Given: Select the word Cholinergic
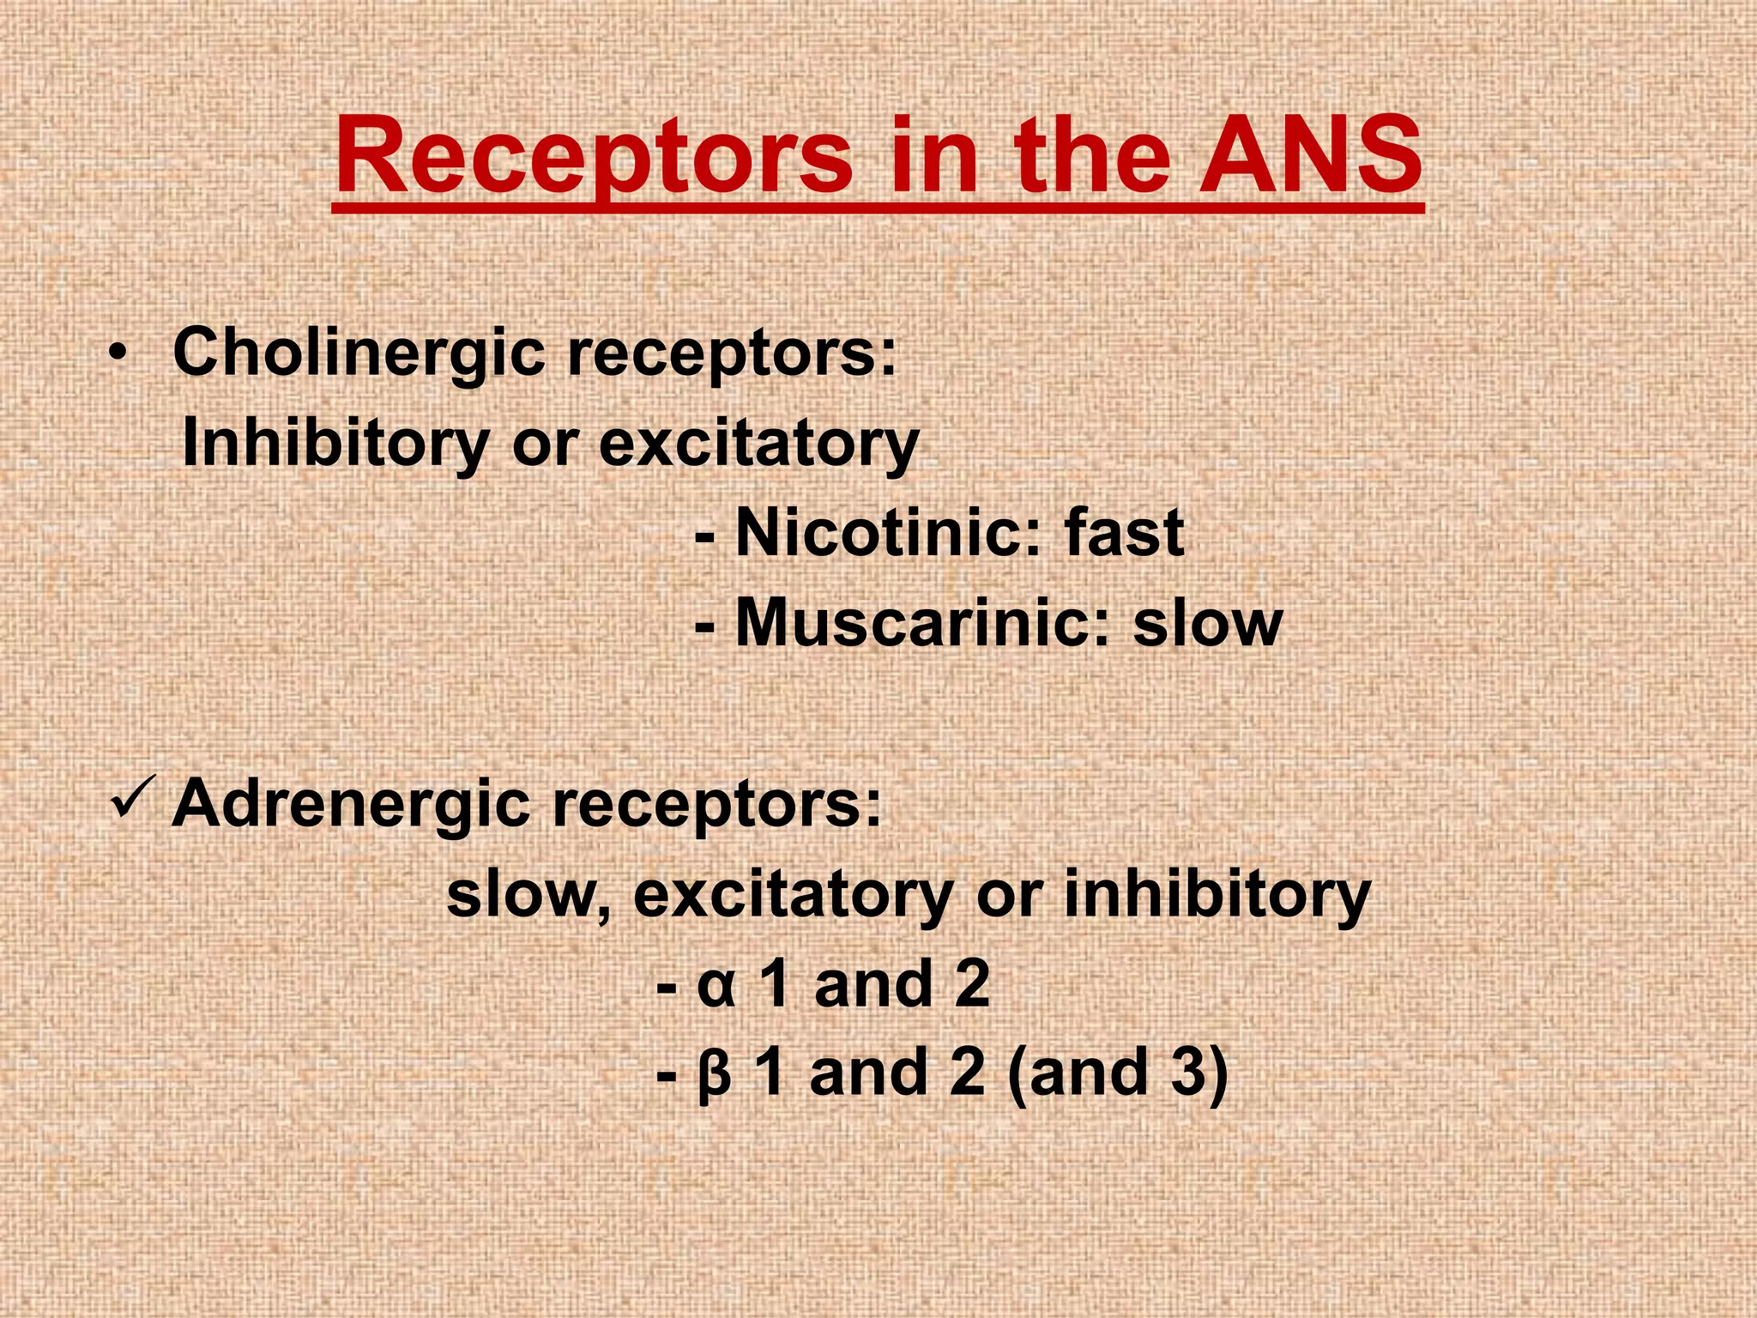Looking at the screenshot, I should (x=359, y=353).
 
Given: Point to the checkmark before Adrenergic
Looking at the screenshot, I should (x=133, y=798).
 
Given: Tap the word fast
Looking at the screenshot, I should (x=1125, y=533).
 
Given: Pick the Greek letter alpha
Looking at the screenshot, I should (x=716, y=987).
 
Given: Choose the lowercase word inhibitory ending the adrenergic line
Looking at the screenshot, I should (x=1217, y=894).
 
